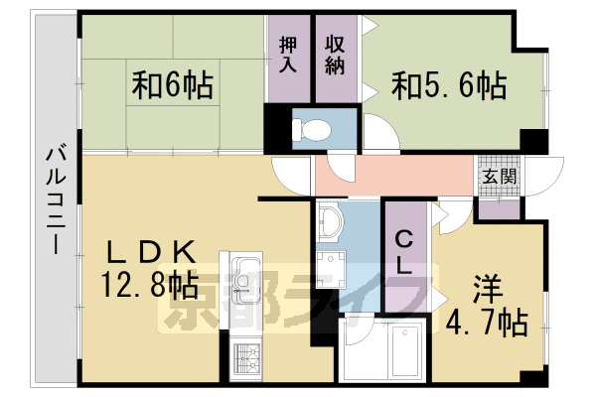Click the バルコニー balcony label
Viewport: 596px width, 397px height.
[x=57, y=199]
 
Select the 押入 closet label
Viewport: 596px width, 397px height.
[x=288, y=56]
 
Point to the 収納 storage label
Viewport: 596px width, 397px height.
[x=335, y=56]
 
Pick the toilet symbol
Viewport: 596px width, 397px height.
[x=311, y=127]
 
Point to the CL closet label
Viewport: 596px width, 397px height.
[x=406, y=252]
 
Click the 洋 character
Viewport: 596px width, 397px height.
[x=486, y=289]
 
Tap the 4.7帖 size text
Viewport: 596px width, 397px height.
[x=485, y=322]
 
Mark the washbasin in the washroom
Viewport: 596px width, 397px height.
[x=329, y=223]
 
